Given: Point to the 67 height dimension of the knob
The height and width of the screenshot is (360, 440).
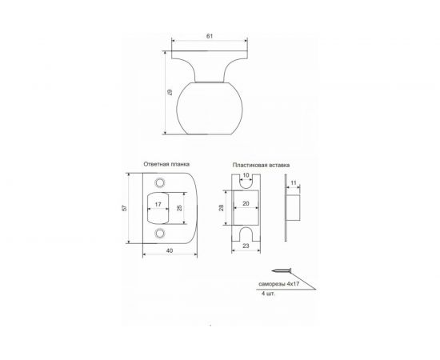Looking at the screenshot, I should pos(169,92).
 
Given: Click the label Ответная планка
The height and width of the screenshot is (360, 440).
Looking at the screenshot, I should pos(167,164).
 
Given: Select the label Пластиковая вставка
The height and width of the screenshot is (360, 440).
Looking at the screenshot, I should pos(257,164).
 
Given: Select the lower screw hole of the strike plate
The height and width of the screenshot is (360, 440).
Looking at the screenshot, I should pos(158,233).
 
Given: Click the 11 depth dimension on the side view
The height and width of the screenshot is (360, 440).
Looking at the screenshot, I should pos(295,182).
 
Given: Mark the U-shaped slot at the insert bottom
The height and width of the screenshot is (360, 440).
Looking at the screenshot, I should pos(246,234).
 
